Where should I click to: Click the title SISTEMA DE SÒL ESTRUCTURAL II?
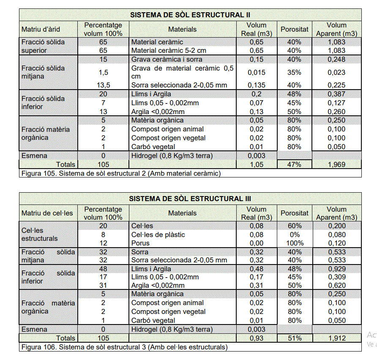pyautogui.click(x=190, y=15)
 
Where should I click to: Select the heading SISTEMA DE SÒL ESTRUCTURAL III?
pyautogui.click(x=190, y=199)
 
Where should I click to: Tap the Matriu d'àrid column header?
pyautogui.click(x=41, y=29)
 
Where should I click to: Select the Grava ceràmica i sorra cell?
pyautogui.click(x=167, y=60)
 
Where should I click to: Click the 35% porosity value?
pyautogui.click(x=294, y=72)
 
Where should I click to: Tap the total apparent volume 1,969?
pyautogui.click(x=336, y=164)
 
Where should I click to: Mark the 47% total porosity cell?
pyautogui.click(x=294, y=164)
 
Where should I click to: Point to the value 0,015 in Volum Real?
pyautogui.click(x=257, y=72)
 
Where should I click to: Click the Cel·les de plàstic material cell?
pyautogui.click(x=158, y=235)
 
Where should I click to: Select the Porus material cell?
pyautogui.click(x=141, y=243)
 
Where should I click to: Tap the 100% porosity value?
pyautogui.click(x=294, y=243)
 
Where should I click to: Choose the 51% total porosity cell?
pyautogui.click(x=294, y=338)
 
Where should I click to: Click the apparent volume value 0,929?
pyautogui.click(x=336, y=269)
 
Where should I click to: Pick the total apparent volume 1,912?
pyautogui.click(x=336, y=338)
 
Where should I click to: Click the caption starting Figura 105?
pyautogui.click(x=120, y=173)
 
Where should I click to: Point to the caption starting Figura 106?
pyautogui.click(x=123, y=347)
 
